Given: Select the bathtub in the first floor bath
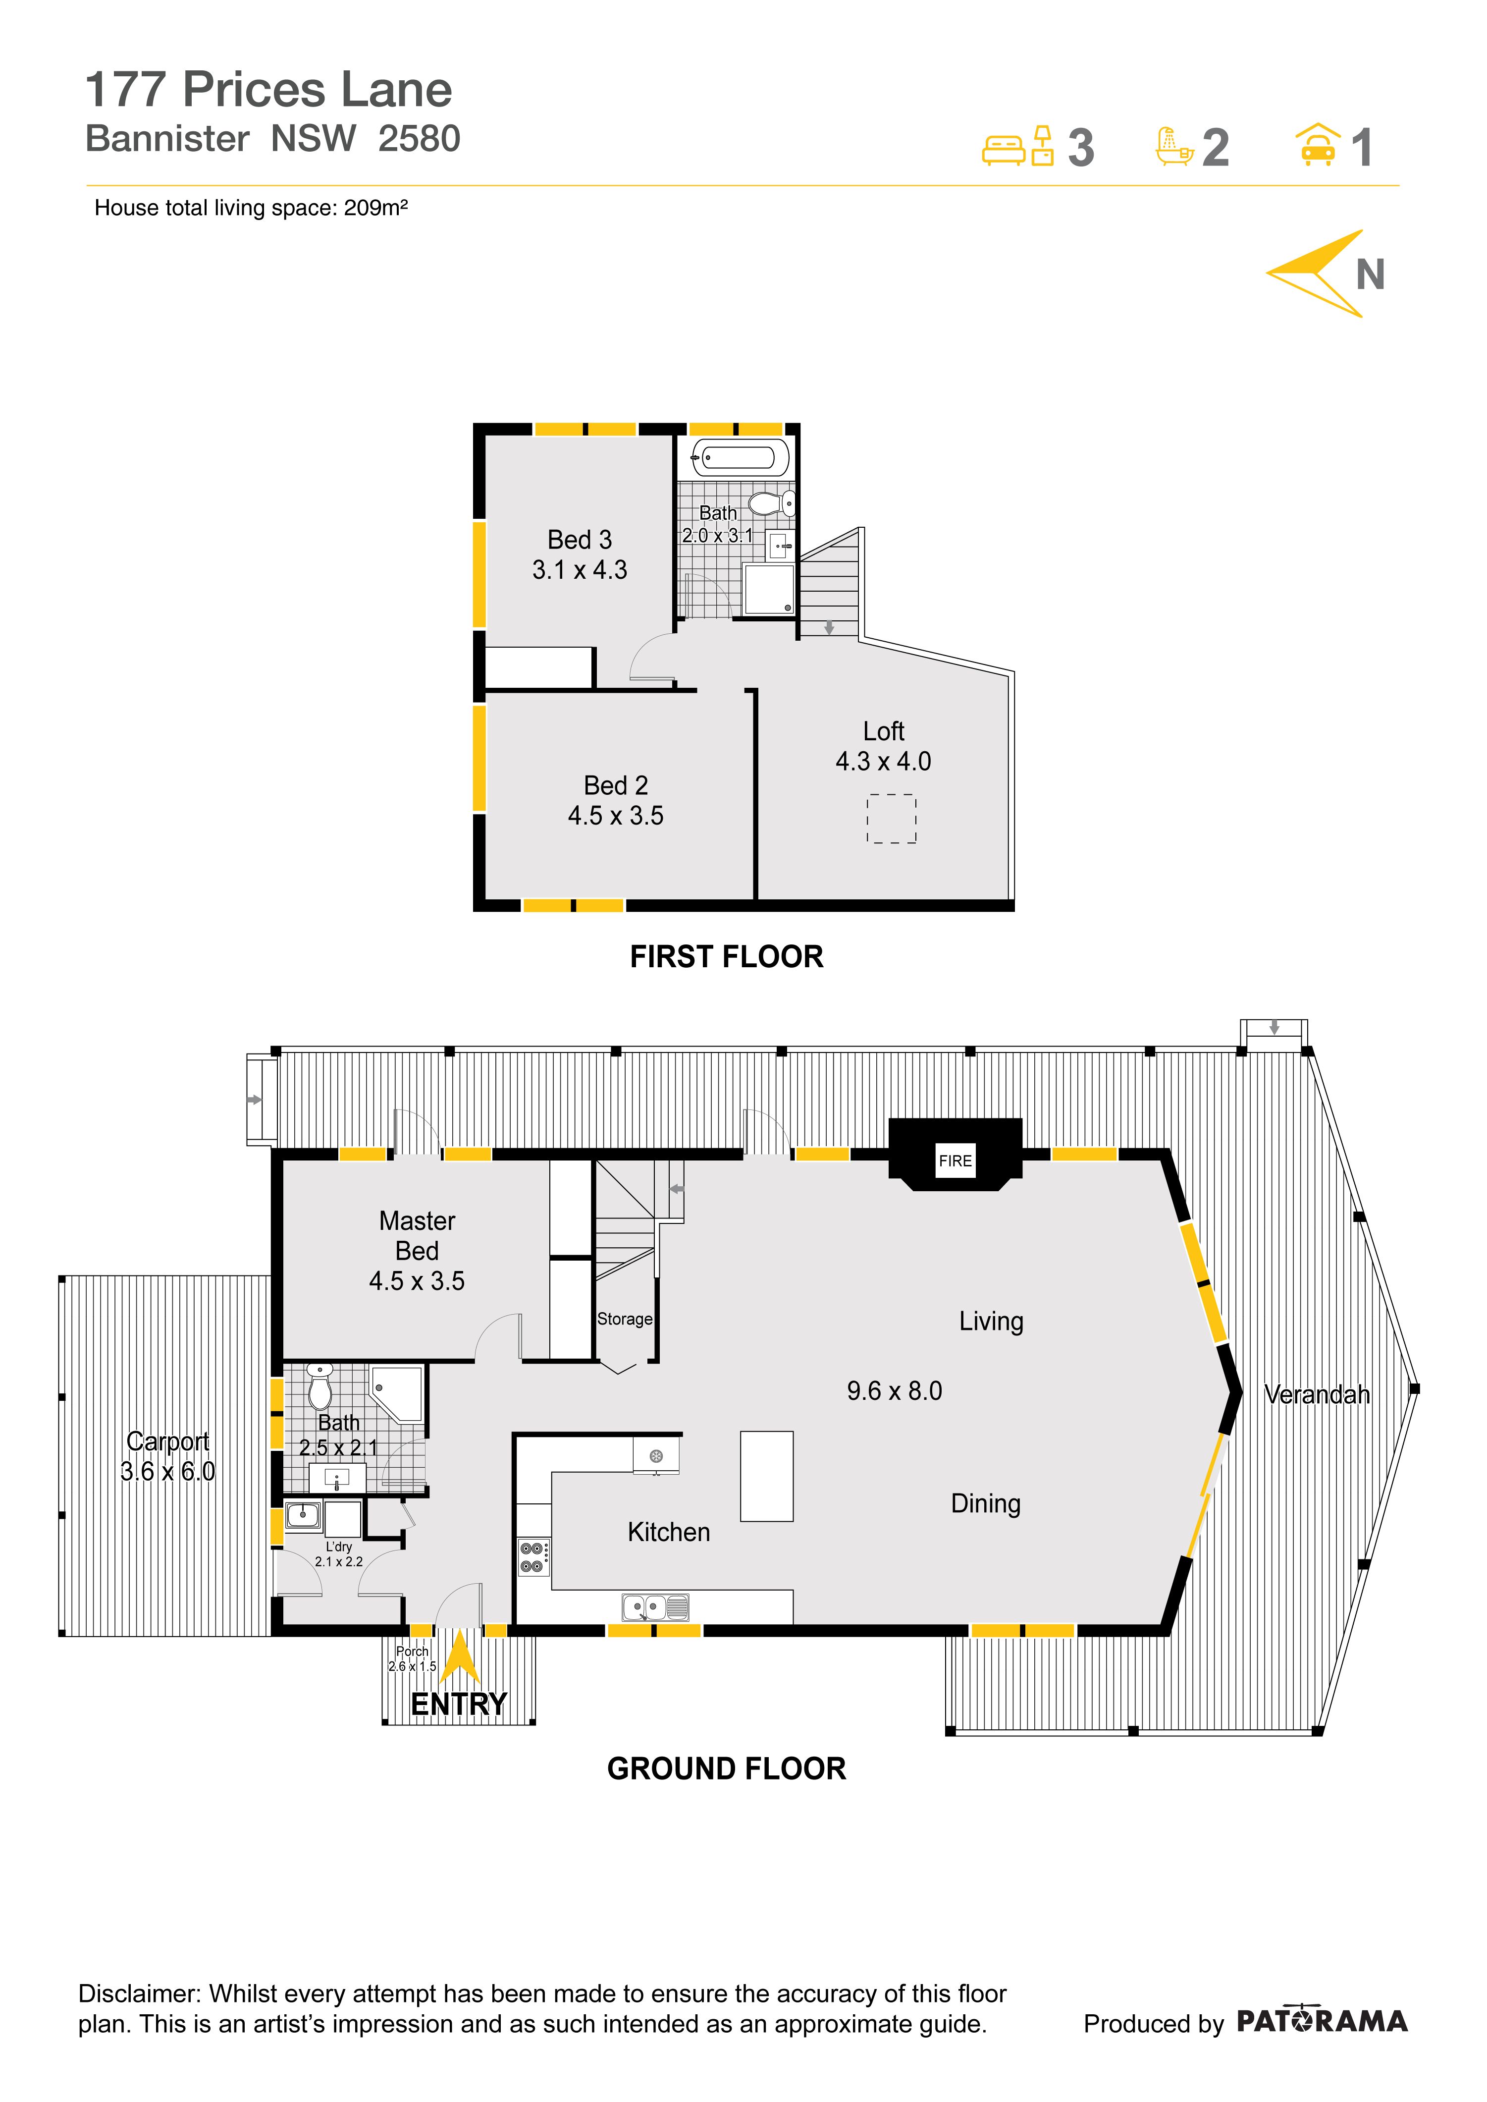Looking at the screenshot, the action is coord(740,457).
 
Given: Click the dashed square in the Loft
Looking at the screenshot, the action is coord(891,819).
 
